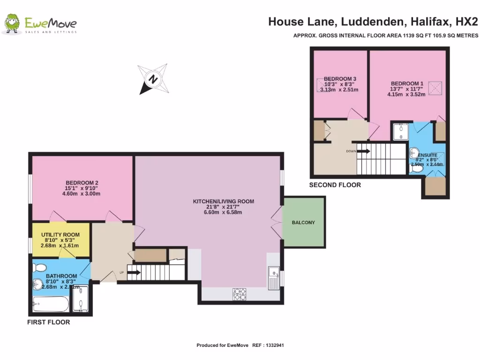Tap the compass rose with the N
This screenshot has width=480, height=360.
153,79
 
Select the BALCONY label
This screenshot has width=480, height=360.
303,222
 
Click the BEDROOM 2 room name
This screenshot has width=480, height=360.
82,183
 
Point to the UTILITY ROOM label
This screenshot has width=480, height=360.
60,234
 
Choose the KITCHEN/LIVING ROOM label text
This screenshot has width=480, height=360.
224,202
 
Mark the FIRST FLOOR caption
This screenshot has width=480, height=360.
48,322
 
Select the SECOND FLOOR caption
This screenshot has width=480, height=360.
335,185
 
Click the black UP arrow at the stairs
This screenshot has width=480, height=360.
135,272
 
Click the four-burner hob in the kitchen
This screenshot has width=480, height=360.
240,294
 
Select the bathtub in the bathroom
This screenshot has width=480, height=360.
51,305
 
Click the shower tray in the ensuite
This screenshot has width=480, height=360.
400,132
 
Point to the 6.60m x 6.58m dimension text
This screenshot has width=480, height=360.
224,212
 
